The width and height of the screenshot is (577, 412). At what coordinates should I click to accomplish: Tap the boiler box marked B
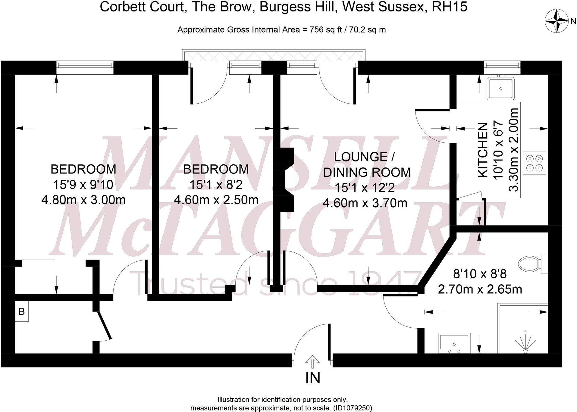pyautogui.click(x=22, y=311)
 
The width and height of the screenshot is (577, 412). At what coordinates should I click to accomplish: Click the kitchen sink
pyautogui.click(x=500, y=88)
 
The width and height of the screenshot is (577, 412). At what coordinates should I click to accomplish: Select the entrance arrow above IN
pyautogui.click(x=312, y=361)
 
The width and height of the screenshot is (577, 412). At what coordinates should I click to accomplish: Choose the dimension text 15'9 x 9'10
pyautogui.click(x=83, y=185)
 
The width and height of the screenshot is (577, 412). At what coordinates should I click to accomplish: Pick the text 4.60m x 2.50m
pyautogui.click(x=216, y=200)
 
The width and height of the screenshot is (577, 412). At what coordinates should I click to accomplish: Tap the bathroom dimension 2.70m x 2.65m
pyautogui.click(x=480, y=289)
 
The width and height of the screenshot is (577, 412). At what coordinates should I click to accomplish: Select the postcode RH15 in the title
pyautogui.click(x=450, y=7)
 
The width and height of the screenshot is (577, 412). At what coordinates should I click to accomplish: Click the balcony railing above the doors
pyautogui.click(x=274, y=55)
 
